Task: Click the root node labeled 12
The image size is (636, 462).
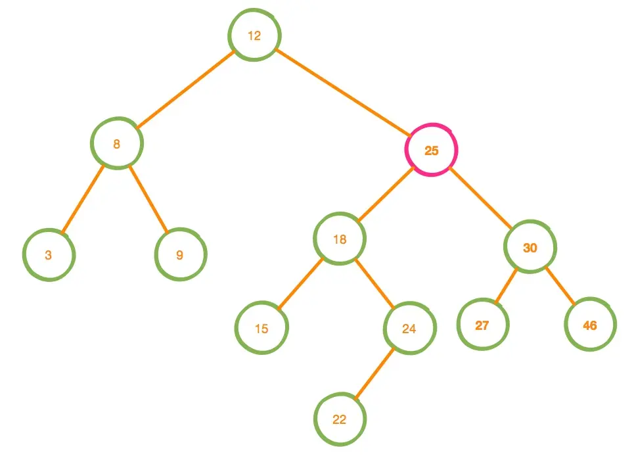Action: [x=255, y=36]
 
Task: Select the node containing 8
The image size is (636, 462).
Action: [x=117, y=144]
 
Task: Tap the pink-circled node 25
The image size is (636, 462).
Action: [x=431, y=150]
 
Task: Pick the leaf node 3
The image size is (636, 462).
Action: [x=49, y=255]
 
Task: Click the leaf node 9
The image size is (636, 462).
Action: [x=181, y=255]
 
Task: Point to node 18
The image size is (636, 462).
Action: [x=340, y=239]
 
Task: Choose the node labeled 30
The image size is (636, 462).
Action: [x=530, y=248]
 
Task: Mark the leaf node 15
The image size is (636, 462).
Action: [x=261, y=329]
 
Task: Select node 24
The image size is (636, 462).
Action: [x=410, y=329]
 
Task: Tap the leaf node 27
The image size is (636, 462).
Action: [x=483, y=325]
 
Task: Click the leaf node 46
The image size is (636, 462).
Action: [x=590, y=325]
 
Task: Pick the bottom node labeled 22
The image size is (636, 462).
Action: [x=340, y=419]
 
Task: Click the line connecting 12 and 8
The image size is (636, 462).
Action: [x=186, y=89]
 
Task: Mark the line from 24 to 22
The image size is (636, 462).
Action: [x=375, y=373]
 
